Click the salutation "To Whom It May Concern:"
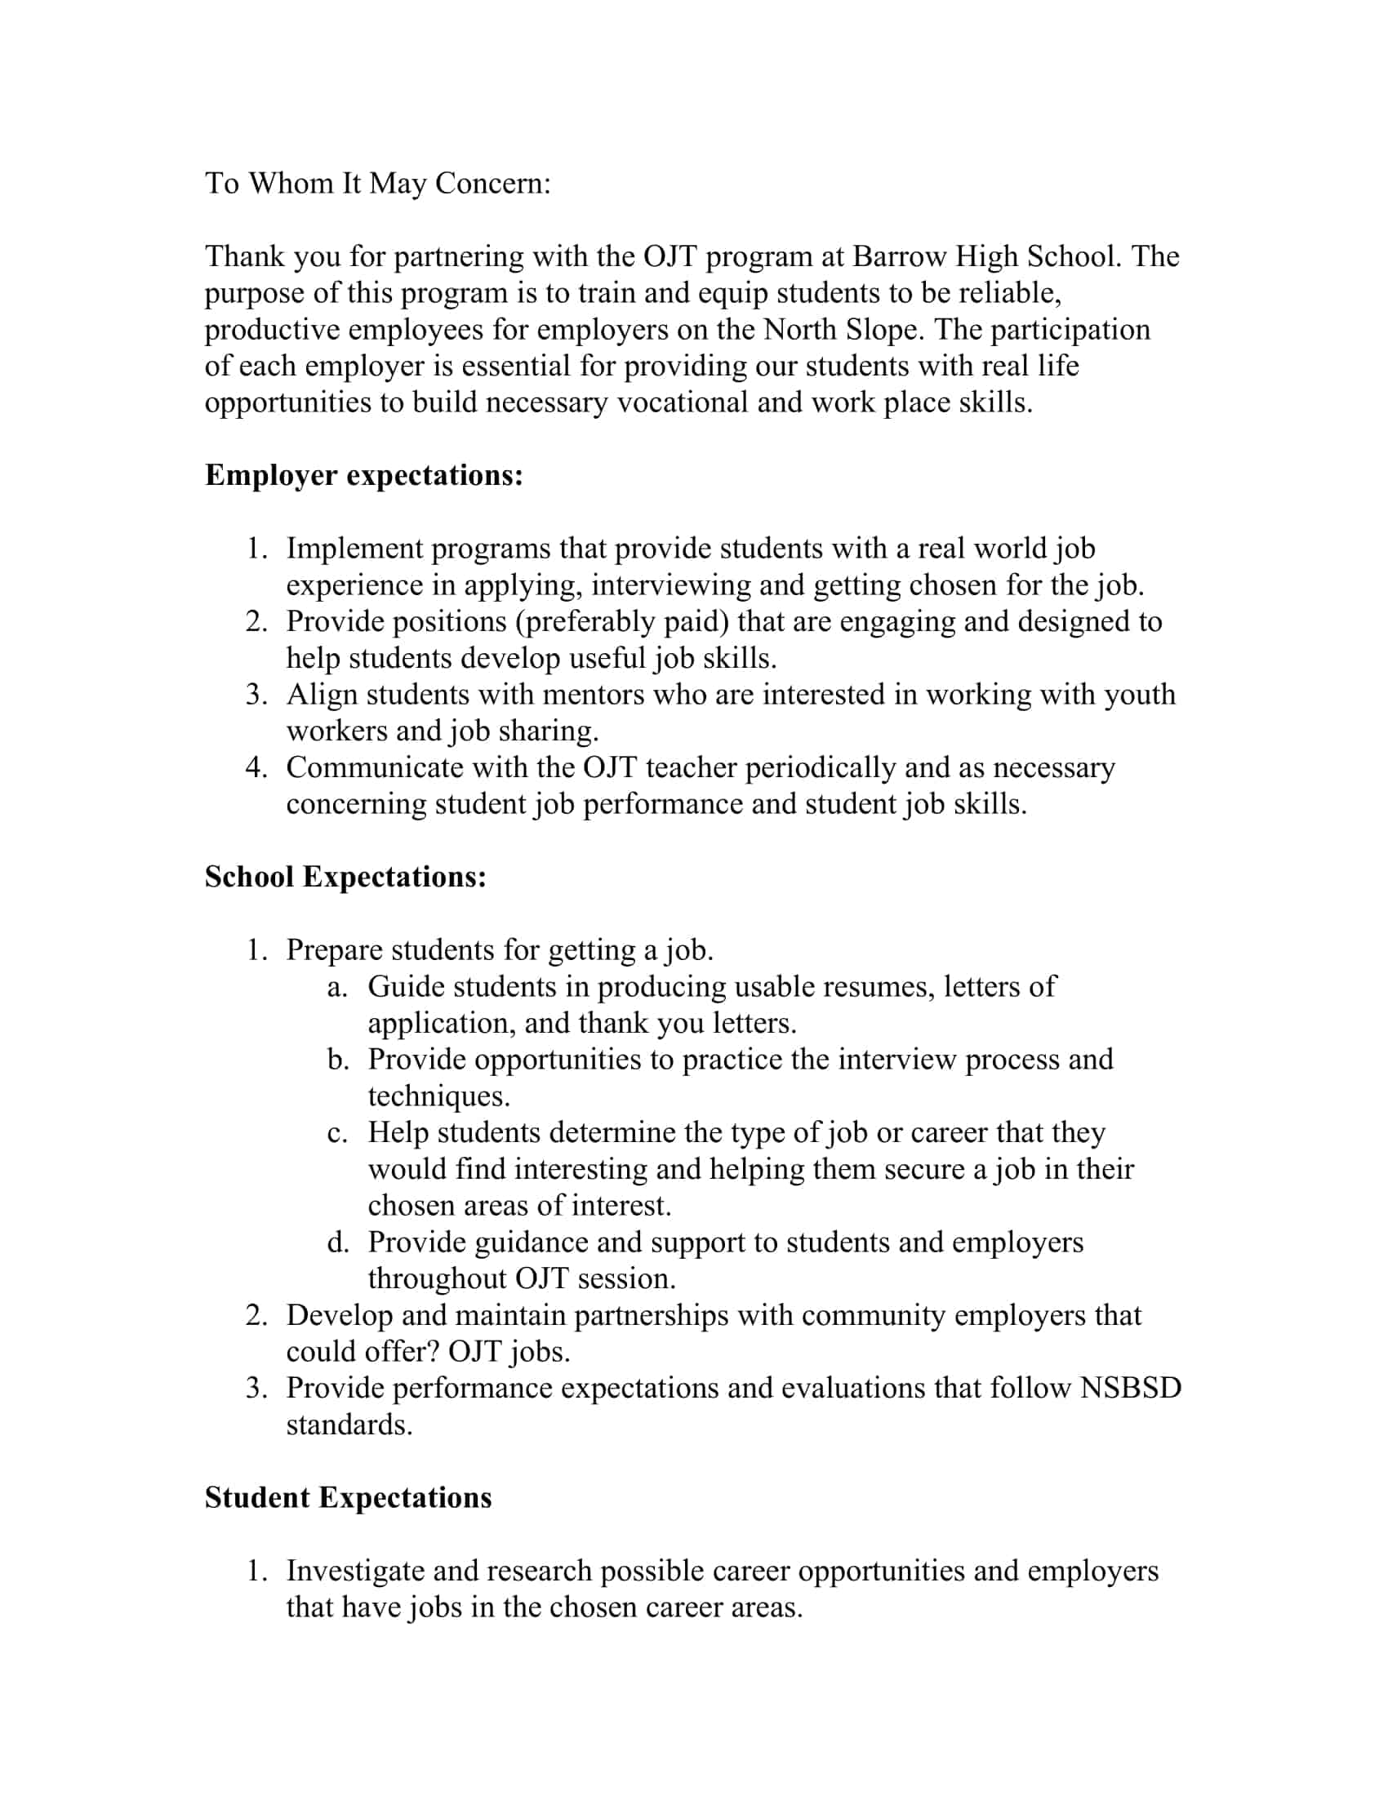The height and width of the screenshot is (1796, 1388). tap(377, 184)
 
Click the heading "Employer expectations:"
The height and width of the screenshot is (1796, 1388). tap(363, 475)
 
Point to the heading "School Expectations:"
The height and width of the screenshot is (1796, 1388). tap(345, 877)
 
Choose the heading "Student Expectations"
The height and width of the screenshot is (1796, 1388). tap(348, 1497)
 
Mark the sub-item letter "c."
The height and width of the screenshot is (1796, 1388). tap(336, 1133)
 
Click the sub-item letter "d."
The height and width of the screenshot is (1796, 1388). tap(337, 1243)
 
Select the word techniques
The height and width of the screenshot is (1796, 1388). tap(438, 1096)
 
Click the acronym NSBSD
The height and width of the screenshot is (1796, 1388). tap(1131, 1388)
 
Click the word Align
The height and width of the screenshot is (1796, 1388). tap(322, 695)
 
